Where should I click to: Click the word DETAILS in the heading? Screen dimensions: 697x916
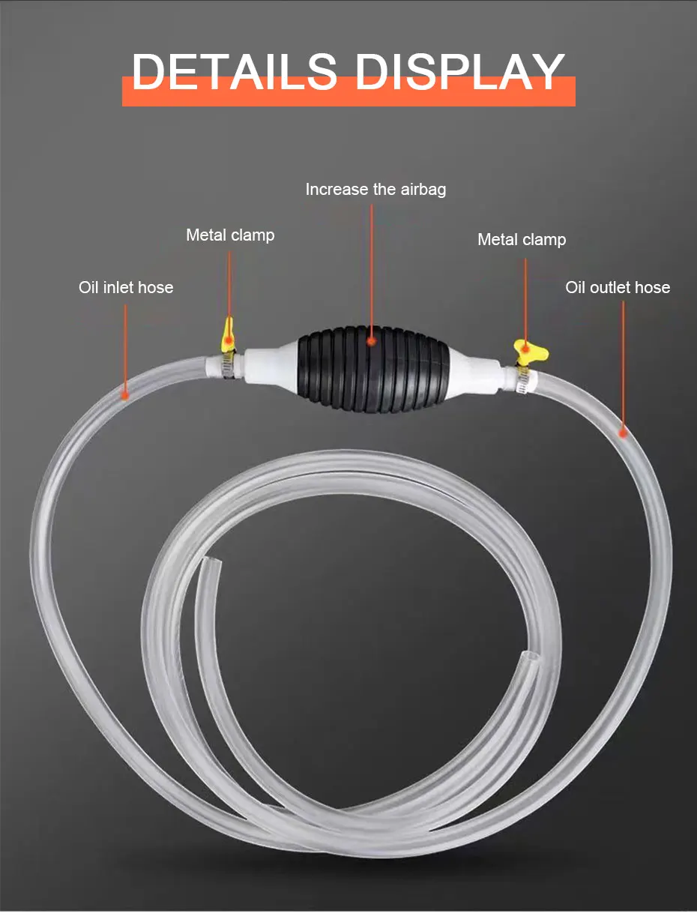pyautogui.click(x=234, y=73)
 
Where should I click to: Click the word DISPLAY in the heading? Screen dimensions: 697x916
pyautogui.click(x=459, y=73)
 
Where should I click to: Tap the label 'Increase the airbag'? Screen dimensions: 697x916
pyautogui.click(x=375, y=190)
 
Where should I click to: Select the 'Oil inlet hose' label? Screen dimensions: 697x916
pyautogui.click(x=126, y=287)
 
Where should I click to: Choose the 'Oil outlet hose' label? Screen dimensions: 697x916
pyautogui.click(x=618, y=287)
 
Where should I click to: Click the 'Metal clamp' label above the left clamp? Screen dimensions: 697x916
pyautogui.click(x=230, y=235)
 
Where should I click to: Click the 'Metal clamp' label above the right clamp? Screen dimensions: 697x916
pyautogui.click(x=522, y=240)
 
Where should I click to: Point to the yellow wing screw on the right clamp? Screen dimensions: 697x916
pyautogui.click(x=529, y=349)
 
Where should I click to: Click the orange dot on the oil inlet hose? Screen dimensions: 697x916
pyautogui.click(x=125, y=393)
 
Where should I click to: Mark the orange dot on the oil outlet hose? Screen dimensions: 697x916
pyautogui.click(x=623, y=431)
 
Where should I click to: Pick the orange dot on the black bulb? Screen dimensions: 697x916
pyautogui.click(x=372, y=341)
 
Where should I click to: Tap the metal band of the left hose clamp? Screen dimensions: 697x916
pyautogui.click(x=226, y=364)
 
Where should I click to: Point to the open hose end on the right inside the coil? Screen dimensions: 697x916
pyautogui.click(x=529, y=663)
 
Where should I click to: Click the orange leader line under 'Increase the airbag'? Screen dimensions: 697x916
pyautogui.click(x=372, y=262)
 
